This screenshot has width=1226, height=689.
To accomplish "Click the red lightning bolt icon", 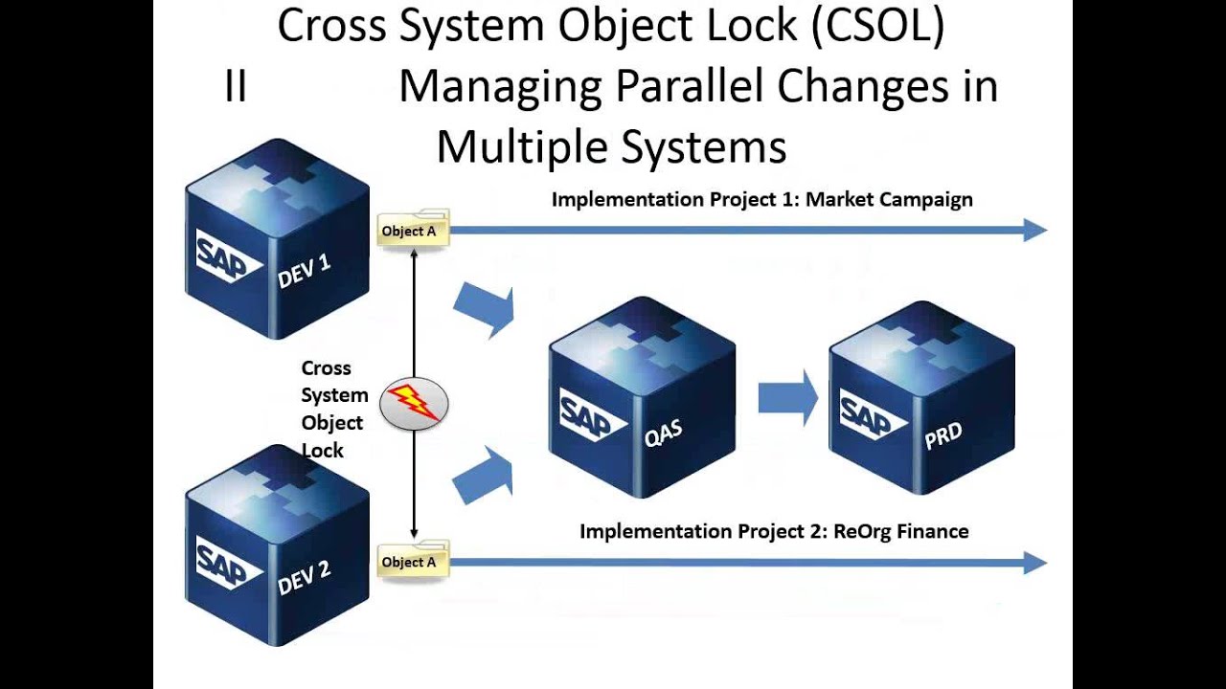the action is click(413, 403).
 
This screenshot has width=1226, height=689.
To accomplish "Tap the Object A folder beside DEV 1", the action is click(413, 229).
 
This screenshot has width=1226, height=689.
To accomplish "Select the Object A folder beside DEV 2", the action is click(413, 560).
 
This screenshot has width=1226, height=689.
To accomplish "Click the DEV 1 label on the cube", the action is click(305, 271).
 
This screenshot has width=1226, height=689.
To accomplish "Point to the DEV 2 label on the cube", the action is click(305, 578).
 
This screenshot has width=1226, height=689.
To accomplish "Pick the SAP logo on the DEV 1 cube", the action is click(230, 256).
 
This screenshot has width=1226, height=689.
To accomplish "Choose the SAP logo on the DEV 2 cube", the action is click(230, 563).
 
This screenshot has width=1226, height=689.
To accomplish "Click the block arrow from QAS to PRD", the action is click(788, 397).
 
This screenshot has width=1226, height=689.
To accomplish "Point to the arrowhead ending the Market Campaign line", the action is click(1035, 230).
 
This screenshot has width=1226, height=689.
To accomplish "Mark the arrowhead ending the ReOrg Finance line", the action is click(1035, 563).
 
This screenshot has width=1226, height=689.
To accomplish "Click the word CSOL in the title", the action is click(878, 25).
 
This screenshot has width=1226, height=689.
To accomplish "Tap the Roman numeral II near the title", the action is click(236, 87).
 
